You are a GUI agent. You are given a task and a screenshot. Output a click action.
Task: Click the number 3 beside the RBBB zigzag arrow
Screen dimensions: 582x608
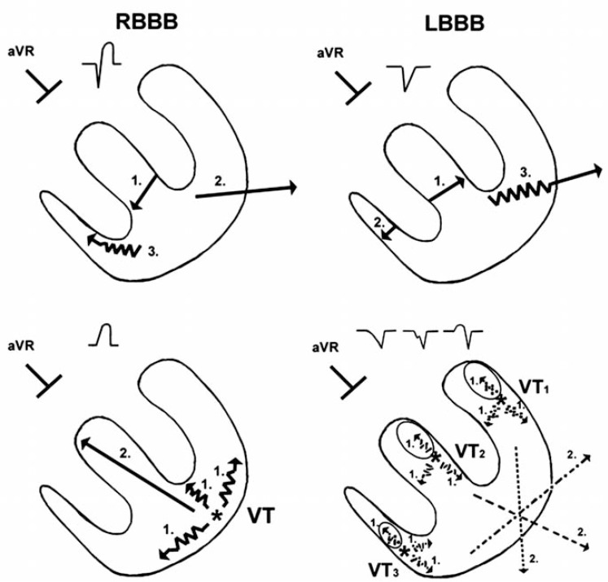click(x=154, y=253)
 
